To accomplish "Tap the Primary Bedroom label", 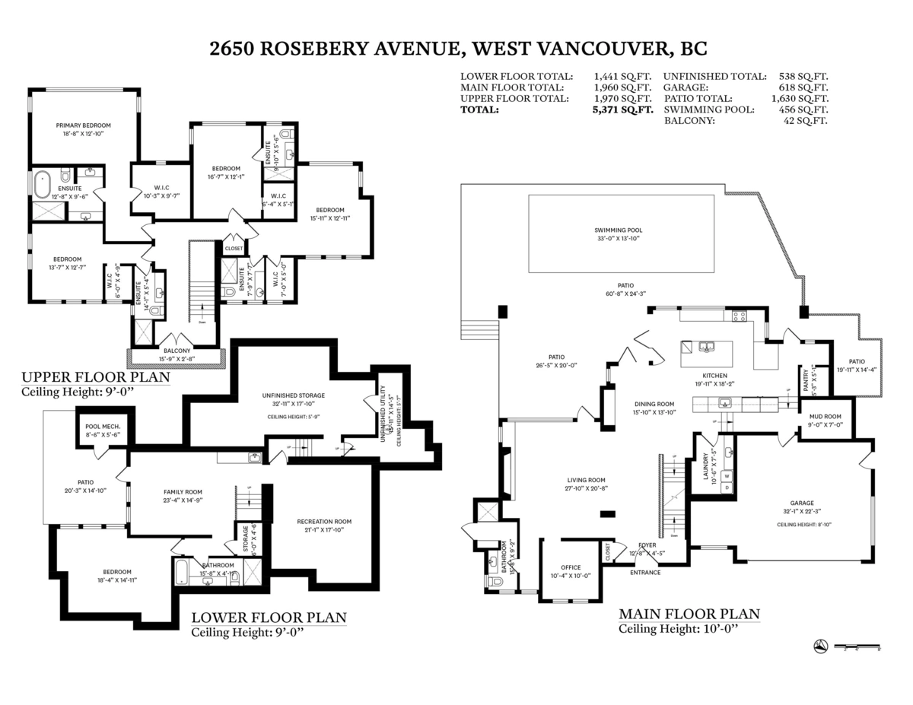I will (x=84, y=125).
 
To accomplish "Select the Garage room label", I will (x=801, y=503).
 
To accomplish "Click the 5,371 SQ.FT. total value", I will (x=623, y=110).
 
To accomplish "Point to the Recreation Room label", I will (x=324, y=521).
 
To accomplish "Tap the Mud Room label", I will (x=825, y=416).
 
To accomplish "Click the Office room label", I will (x=571, y=567).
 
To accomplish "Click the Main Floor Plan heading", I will (x=689, y=614).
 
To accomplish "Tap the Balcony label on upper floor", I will (x=177, y=351).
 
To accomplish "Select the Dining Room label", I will (x=654, y=404).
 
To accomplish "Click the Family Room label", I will (x=182, y=491).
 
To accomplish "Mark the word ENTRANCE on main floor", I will (x=645, y=572).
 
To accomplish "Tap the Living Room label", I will (x=585, y=480).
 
